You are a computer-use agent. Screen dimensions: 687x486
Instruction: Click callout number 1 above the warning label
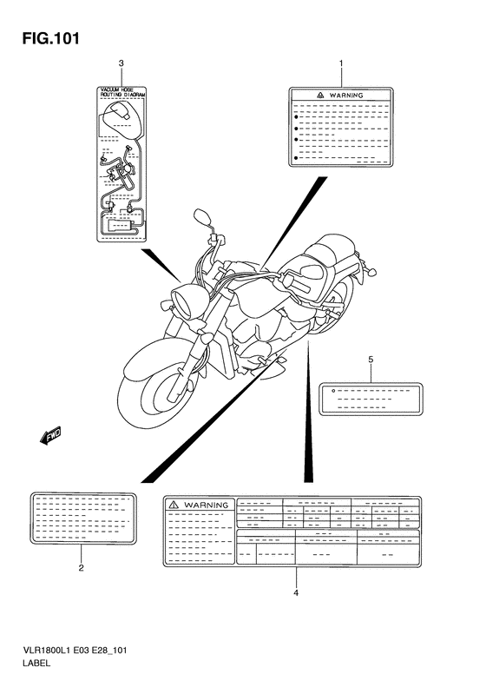pyautogui.click(x=341, y=63)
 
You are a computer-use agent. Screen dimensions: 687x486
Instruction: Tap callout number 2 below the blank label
pyautogui.click(x=81, y=570)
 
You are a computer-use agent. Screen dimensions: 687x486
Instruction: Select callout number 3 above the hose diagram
pyautogui.click(x=121, y=63)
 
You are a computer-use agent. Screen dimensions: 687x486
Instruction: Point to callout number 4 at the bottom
pyautogui.click(x=295, y=593)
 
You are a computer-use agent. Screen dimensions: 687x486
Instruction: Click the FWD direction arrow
pyautogui.click(x=49, y=435)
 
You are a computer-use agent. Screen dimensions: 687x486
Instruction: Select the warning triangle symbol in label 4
pyautogui.click(x=174, y=505)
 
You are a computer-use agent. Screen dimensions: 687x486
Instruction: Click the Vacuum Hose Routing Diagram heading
pyautogui.click(x=121, y=92)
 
